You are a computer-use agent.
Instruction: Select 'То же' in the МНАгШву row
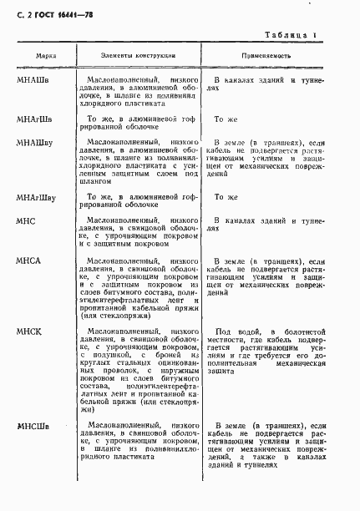[226, 197]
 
